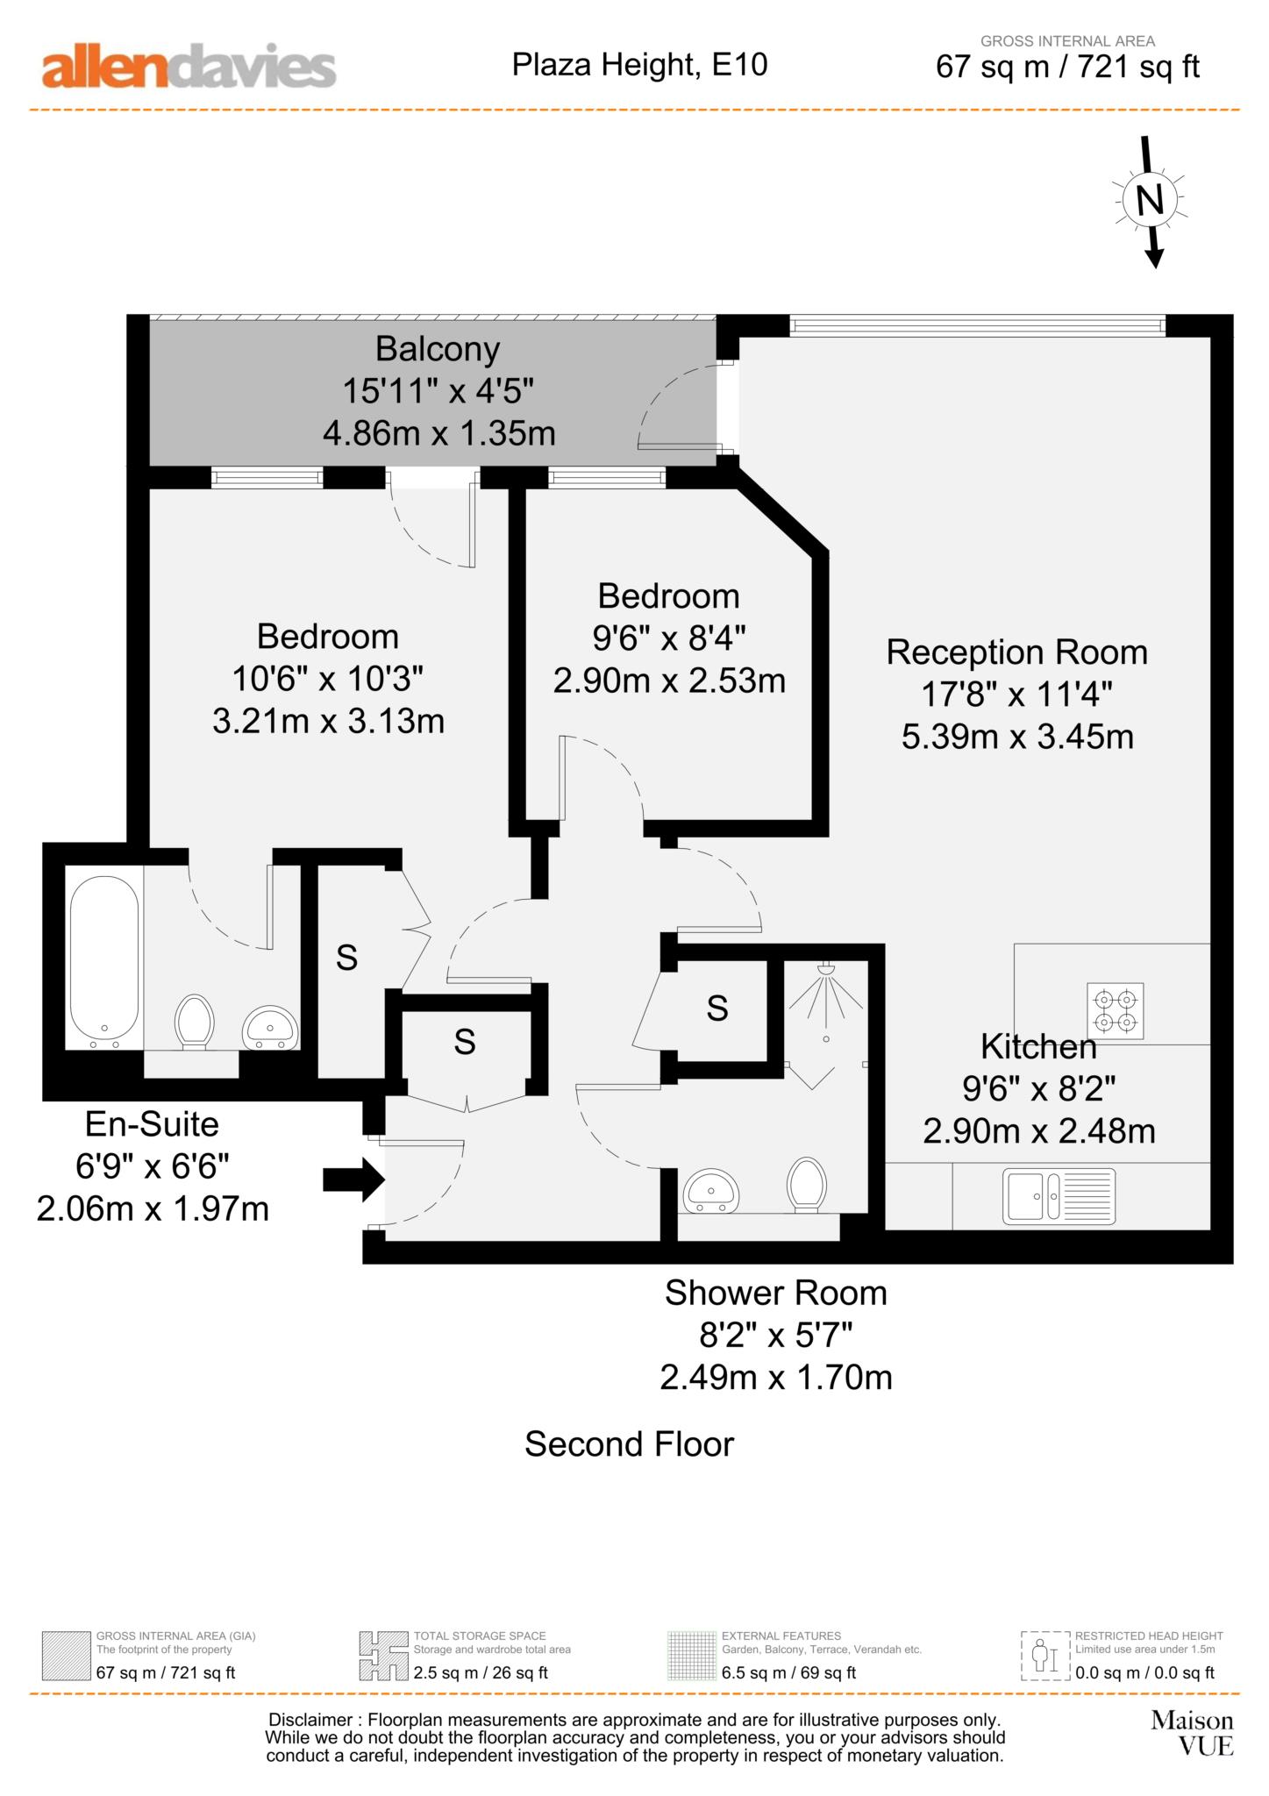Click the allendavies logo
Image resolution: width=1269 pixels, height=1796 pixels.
pyautogui.click(x=189, y=68)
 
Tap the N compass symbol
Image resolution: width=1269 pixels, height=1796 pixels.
pyautogui.click(x=1149, y=201)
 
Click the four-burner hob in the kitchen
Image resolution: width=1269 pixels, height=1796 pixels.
pyautogui.click(x=1115, y=1011)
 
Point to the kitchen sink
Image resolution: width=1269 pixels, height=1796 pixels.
pyautogui.click(x=1059, y=1195)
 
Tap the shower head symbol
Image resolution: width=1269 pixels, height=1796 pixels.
pyautogui.click(x=825, y=971)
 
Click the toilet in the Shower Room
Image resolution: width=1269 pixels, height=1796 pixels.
pyautogui.click(x=807, y=1184)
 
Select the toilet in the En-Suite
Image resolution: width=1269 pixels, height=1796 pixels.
pyautogui.click(x=195, y=1021)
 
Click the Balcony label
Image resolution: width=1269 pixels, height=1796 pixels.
pyautogui.click(x=438, y=349)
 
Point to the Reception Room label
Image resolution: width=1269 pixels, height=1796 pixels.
pyautogui.click(x=1016, y=652)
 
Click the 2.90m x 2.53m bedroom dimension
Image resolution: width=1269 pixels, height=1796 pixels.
pyautogui.click(x=668, y=681)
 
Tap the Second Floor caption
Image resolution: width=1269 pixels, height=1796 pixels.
pyautogui.click(x=629, y=1443)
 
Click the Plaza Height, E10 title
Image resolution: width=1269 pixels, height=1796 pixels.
pyautogui.click(x=639, y=64)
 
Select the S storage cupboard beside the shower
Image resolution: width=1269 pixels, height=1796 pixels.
pyautogui.click(x=716, y=1008)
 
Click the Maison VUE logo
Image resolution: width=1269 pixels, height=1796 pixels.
pyautogui.click(x=1191, y=1734)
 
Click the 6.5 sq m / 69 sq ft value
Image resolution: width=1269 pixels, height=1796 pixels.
pyautogui.click(x=788, y=1672)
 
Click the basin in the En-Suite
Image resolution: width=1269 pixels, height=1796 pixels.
pyautogui.click(x=270, y=1026)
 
